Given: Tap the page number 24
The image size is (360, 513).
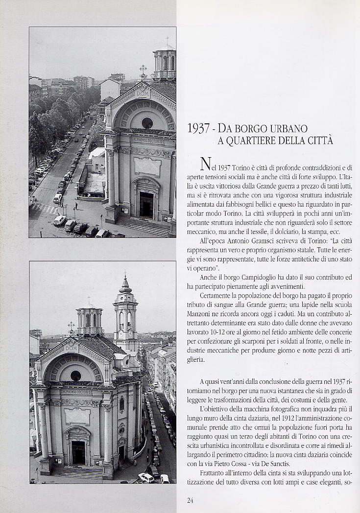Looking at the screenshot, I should click(191, 500).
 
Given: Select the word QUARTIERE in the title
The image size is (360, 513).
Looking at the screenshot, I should click(247, 141).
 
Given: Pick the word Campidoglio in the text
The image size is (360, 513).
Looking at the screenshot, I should click(251, 277).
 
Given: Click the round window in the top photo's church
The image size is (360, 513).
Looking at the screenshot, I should click(147, 122).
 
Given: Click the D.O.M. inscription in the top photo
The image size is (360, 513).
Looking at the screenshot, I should click(143, 93).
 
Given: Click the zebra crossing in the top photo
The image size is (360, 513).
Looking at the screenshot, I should click(46, 209).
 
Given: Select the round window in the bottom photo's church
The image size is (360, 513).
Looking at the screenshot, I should click(75, 375).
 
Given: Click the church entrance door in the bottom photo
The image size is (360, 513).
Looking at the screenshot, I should click(78, 453).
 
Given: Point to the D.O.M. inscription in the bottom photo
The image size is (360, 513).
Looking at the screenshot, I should click(71, 348).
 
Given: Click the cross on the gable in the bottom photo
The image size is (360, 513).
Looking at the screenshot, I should click(71, 326).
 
